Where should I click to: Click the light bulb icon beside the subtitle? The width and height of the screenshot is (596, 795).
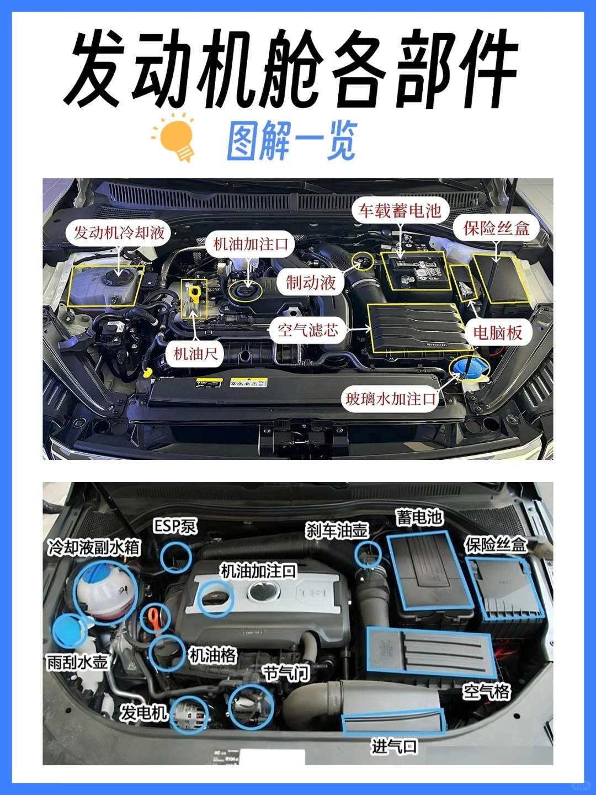point(175,138)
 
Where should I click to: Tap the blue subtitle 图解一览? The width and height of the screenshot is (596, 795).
point(291,141)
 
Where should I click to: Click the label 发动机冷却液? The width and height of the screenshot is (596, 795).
point(119,232)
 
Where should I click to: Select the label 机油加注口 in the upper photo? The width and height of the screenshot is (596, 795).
point(251,244)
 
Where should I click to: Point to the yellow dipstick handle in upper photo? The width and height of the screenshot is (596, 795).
point(194,293)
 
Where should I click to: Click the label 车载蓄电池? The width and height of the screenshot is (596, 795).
point(400,210)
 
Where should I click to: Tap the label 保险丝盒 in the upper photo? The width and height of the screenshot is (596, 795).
point(496,228)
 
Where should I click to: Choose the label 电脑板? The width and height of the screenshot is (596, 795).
point(497,332)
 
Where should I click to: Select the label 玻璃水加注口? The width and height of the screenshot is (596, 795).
point(390,399)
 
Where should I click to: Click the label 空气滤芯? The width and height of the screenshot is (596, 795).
point(307,330)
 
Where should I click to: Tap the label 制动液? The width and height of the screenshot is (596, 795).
point(310,283)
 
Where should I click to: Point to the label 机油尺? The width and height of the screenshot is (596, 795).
point(195,353)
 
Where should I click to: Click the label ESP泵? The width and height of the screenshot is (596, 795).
point(174,526)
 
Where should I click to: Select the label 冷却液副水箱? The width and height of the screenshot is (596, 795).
point(94,547)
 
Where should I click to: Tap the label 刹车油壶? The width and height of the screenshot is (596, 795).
point(337,531)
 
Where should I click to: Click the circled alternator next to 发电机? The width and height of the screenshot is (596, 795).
point(189,715)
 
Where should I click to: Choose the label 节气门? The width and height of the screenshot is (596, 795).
point(286,673)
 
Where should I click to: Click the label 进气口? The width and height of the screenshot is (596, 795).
point(394,746)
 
